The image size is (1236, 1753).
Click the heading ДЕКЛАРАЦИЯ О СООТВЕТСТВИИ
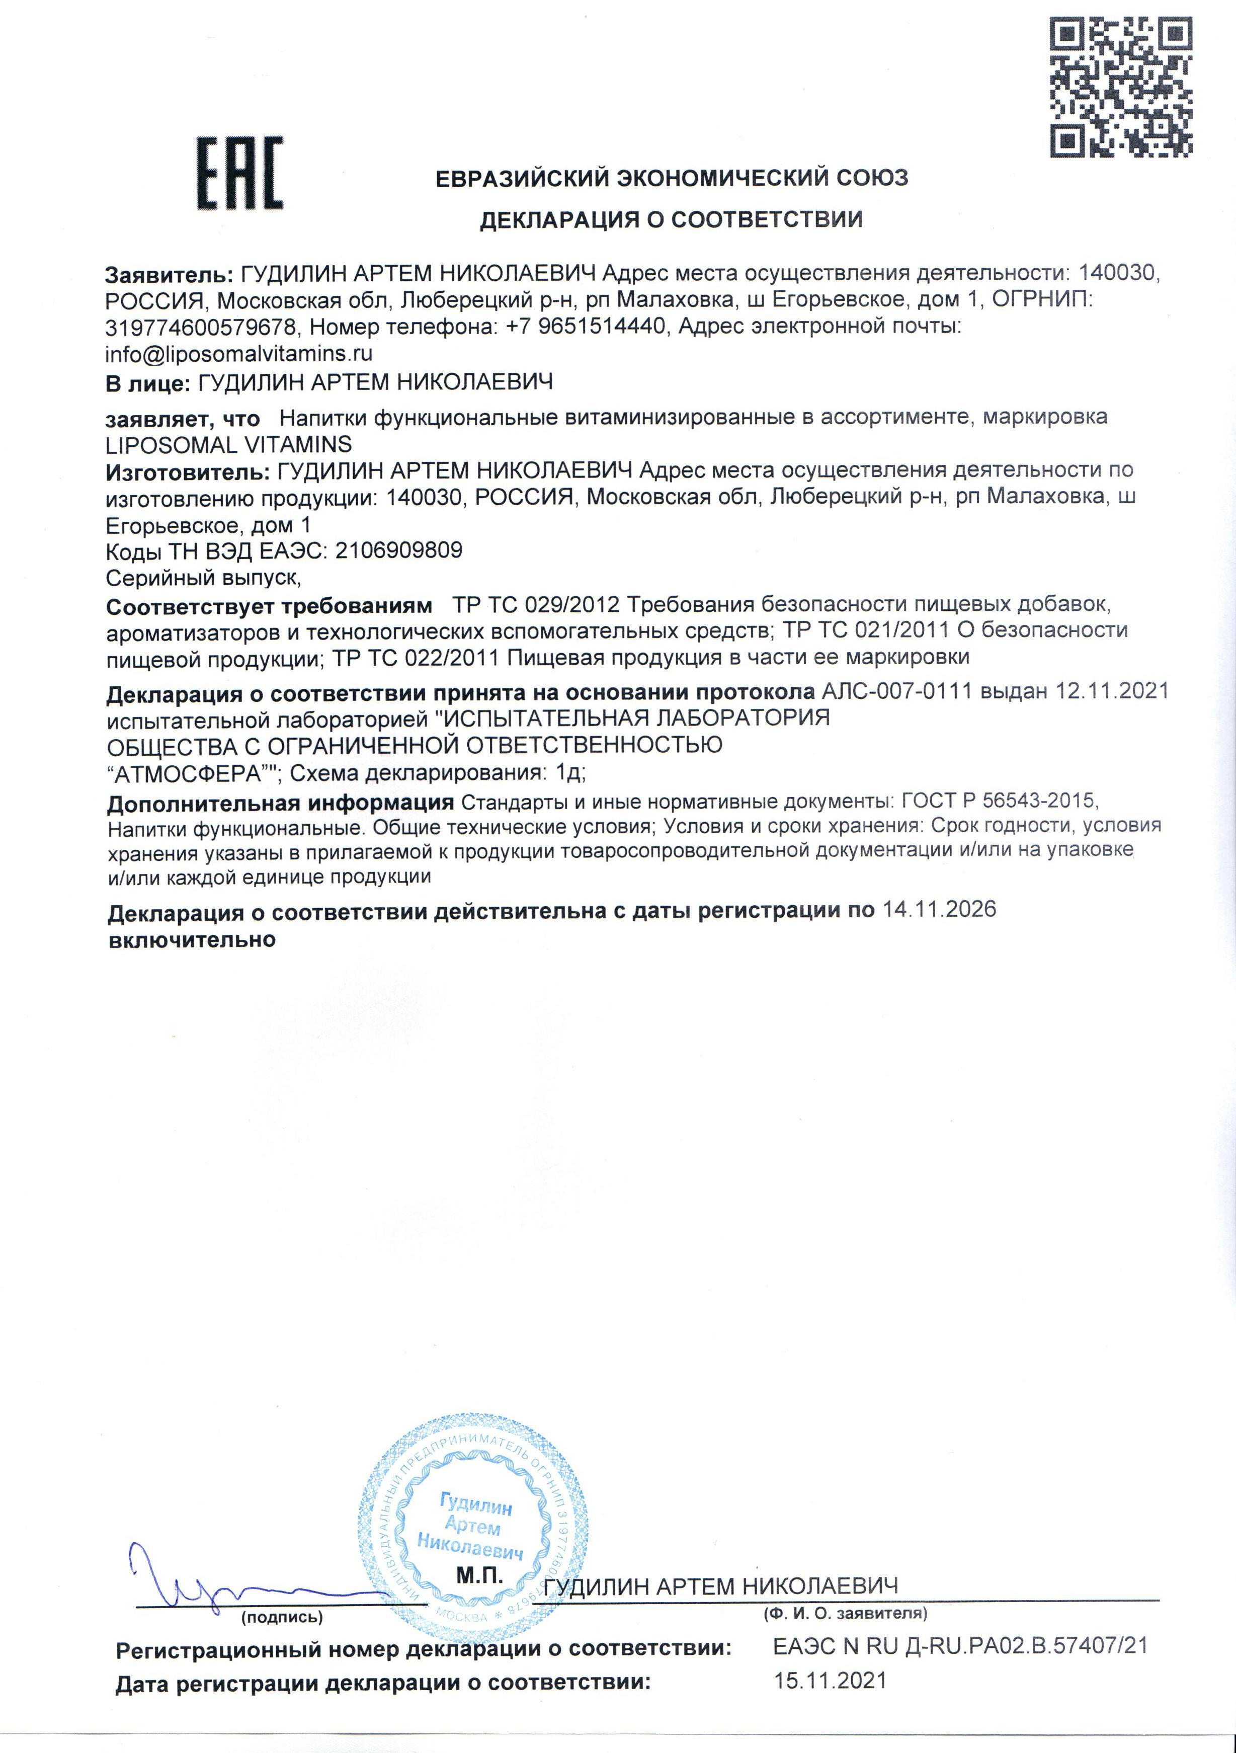click(671, 220)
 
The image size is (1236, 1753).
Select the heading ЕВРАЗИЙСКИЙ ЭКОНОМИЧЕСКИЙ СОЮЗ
click(671, 179)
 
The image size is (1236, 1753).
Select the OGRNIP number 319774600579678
click(201, 327)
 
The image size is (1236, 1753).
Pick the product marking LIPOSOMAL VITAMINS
click(229, 444)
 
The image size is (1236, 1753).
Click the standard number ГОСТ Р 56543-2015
click(1000, 801)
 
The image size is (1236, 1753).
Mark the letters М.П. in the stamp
click(479, 1574)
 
